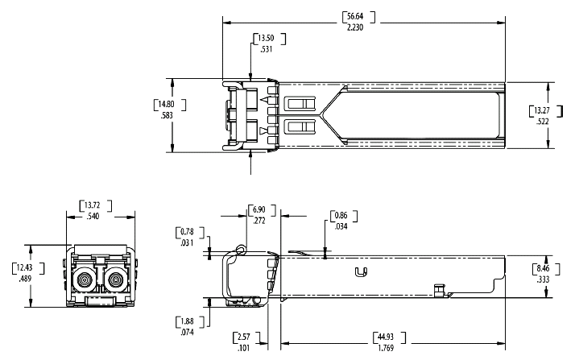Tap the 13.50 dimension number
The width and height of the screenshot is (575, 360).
tap(267, 38)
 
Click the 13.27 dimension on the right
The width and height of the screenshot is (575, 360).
tap(544, 110)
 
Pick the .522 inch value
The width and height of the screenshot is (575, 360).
tap(544, 121)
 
